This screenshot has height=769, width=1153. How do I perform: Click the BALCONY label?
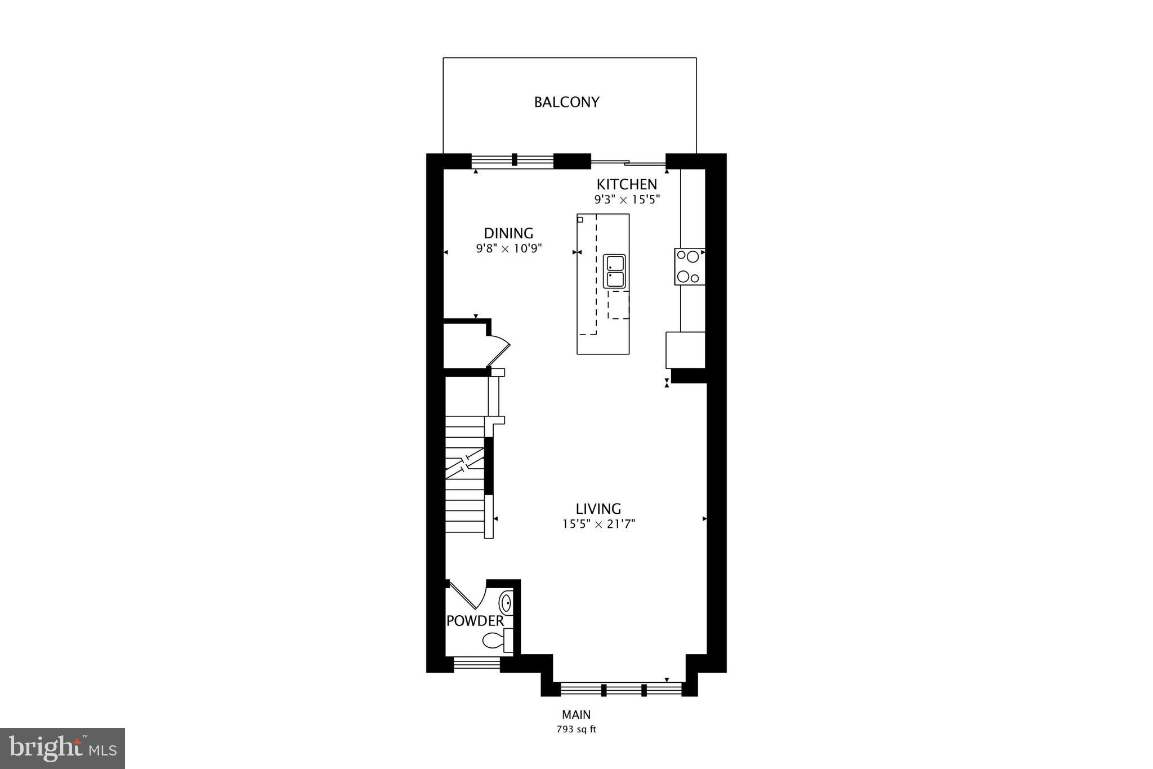pos(566,102)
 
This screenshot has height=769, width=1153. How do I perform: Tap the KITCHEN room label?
pos(627,184)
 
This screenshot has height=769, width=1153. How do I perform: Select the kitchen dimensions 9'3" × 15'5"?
pos(627,199)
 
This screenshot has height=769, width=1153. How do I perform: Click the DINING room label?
pos(508,233)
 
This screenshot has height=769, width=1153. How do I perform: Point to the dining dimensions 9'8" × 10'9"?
pos(508,248)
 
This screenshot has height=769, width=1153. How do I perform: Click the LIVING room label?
pos(598,509)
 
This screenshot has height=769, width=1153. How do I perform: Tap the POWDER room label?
pos(475,621)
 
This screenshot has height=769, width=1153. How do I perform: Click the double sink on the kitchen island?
pos(614,271)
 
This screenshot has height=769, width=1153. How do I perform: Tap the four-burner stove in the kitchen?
pos(689,266)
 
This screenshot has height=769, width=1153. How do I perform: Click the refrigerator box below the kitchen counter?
pos(685,350)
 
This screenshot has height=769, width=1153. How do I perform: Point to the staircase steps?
pos(465,476)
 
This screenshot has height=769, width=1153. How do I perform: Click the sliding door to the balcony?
pos(628,163)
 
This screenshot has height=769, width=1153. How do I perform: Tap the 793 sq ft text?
pos(576,730)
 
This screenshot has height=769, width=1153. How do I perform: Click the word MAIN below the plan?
pos(576,715)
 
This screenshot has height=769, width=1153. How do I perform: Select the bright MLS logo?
pos(62,748)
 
